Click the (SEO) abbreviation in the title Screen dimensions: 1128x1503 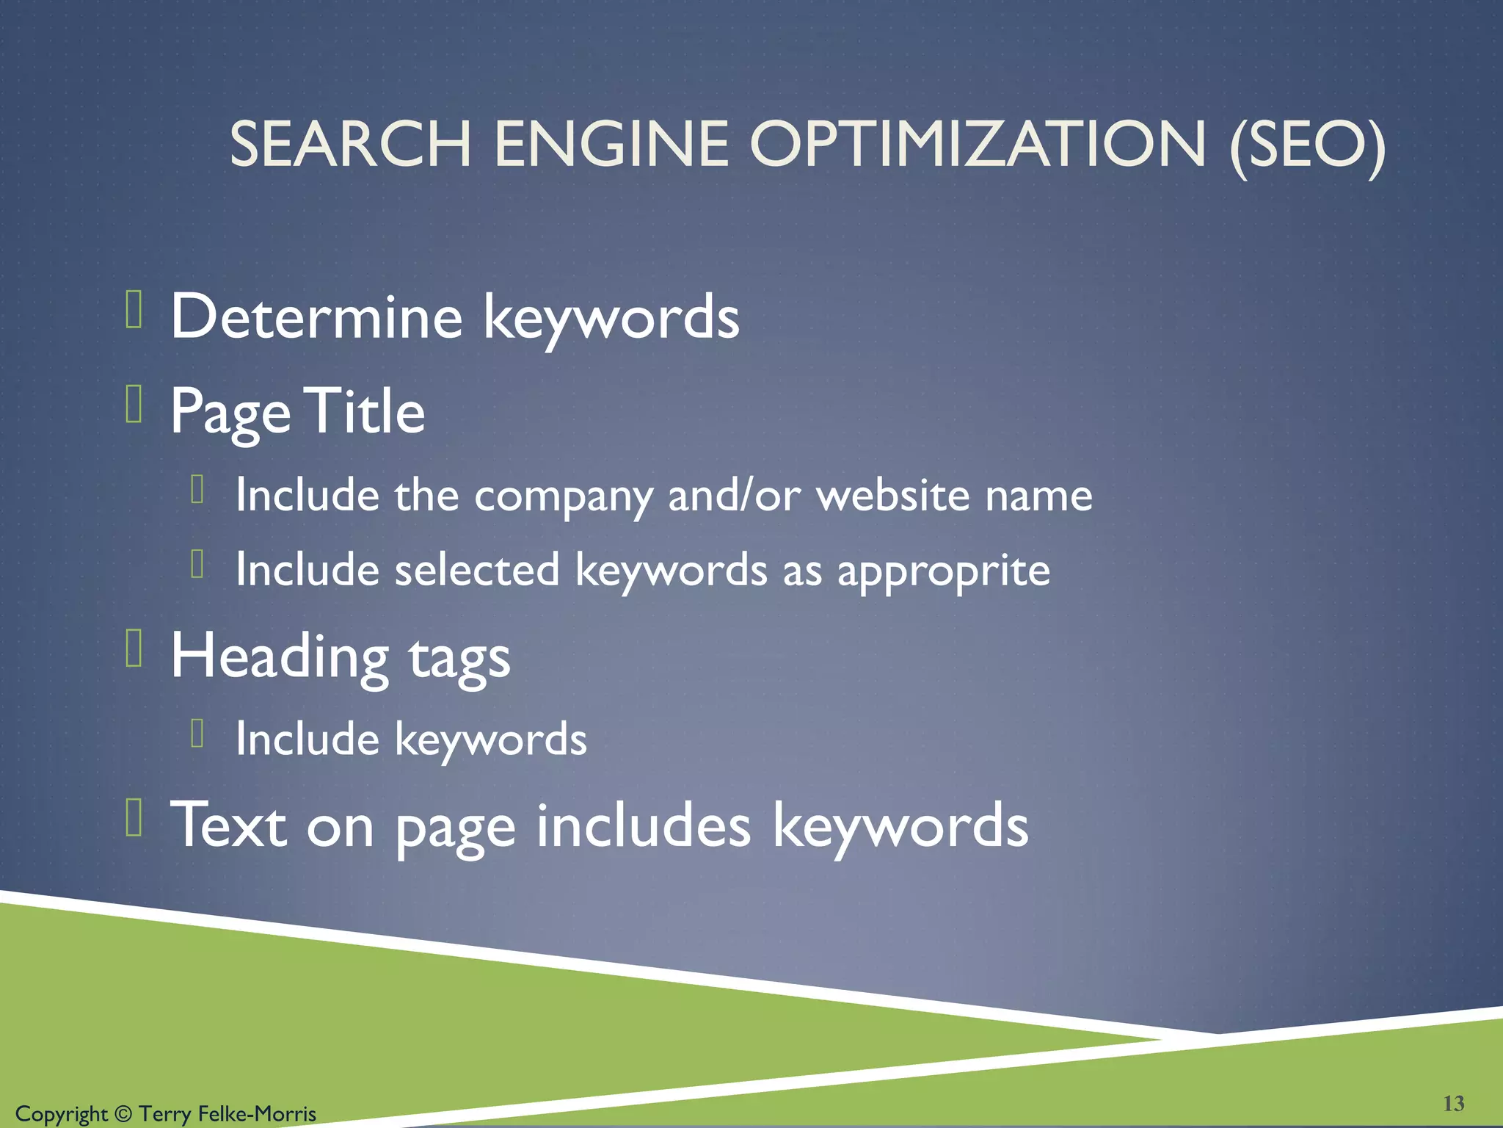tap(1307, 145)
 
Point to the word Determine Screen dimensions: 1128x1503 tap(316, 317)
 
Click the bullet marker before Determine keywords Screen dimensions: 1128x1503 tap(134, 309)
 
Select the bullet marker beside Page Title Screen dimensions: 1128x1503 tap(134, 405)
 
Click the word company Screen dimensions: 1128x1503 tap(563, 496)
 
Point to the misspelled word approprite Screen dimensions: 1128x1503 tap(944, 571)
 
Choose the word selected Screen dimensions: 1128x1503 tap(477, 570)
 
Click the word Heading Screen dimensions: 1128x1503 tap(279, 657)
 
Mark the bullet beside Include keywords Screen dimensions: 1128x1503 tap(197, 733)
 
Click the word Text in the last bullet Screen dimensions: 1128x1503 tap(228, 825)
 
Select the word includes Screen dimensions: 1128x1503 tap(644, 825)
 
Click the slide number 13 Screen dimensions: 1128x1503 tap(1453, 1103)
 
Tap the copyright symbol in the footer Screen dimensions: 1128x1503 tap(123, 1114)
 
